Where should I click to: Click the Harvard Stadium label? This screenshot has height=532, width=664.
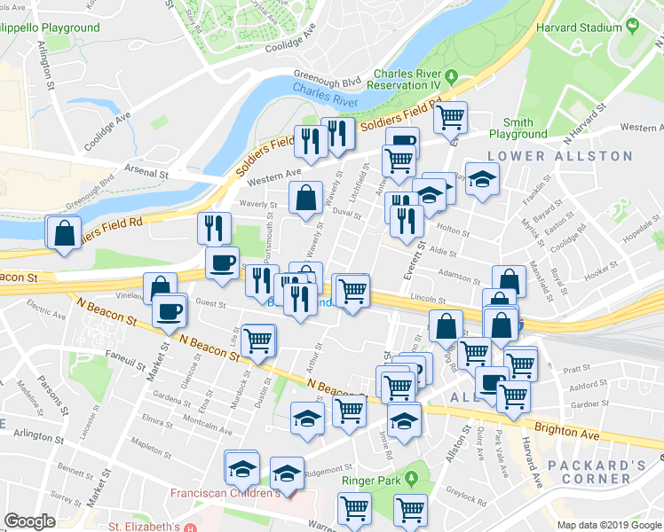coord(580,27)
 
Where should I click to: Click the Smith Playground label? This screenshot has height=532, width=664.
coord(518,129)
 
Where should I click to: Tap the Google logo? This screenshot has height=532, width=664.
coord(30,520)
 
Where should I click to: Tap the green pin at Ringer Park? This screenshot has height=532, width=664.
coord(411,481)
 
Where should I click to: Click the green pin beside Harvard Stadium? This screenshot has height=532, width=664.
coord(632,27)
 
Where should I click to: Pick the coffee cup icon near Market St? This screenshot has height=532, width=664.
coord(168,310)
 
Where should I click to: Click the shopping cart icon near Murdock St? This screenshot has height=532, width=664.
coord(257,340)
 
